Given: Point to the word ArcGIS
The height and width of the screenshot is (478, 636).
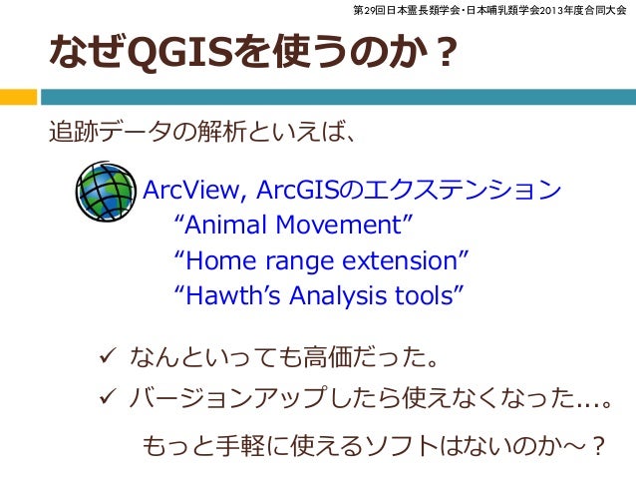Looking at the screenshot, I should [x=294, y=190].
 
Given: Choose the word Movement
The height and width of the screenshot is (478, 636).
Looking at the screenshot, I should [x=334, y=226].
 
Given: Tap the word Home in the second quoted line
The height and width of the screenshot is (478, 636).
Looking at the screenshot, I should [x=211, y=261].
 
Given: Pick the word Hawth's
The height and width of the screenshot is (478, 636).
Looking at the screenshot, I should [x=219, y=296].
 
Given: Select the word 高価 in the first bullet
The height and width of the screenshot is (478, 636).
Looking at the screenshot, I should [x=339, y=356].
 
